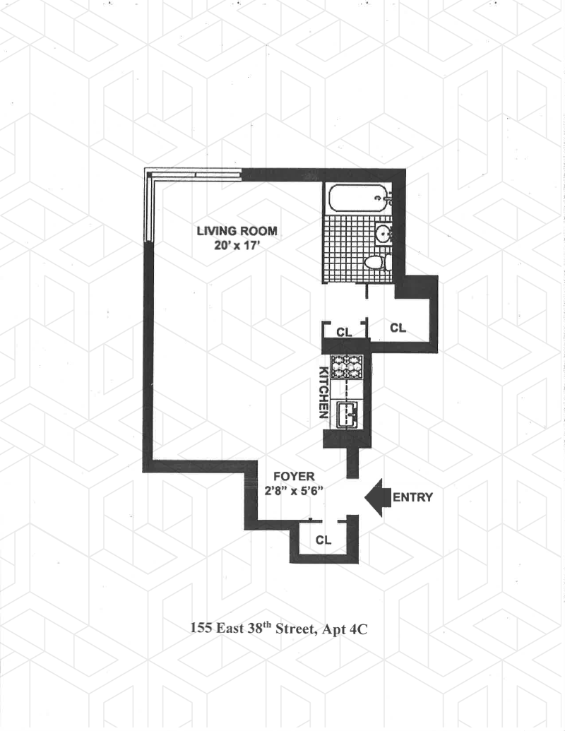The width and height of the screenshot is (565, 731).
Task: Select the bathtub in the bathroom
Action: coord(359,196)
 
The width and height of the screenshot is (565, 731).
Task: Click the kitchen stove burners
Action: coord(347,365)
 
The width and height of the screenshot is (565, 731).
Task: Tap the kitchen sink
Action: coord(348,414)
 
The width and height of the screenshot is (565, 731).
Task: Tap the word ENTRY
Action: coord(412,497)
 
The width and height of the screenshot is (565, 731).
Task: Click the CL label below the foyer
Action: coord(323,541)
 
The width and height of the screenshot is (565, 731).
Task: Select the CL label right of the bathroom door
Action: coord(398,328)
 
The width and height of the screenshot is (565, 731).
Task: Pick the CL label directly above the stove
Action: coord(344,330)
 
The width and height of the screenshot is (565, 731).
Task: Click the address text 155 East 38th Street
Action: coord(250,628)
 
